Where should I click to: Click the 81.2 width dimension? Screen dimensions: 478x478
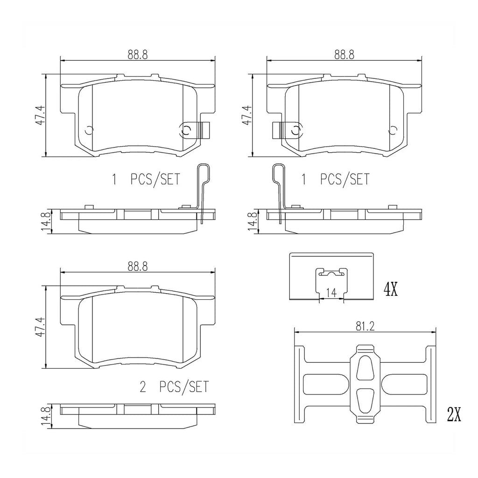[x=365, y=327]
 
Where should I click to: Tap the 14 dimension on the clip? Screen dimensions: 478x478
[x=331, y=293]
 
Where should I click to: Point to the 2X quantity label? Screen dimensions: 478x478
[x=454, y=415]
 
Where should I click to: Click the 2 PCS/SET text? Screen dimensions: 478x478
[x=175, y=387]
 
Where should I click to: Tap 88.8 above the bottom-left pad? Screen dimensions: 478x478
[x=138, y=267]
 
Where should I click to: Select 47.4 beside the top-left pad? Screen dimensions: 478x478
[x=42, y=115]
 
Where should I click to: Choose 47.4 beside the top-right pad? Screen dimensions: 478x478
[x=247, y=115]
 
